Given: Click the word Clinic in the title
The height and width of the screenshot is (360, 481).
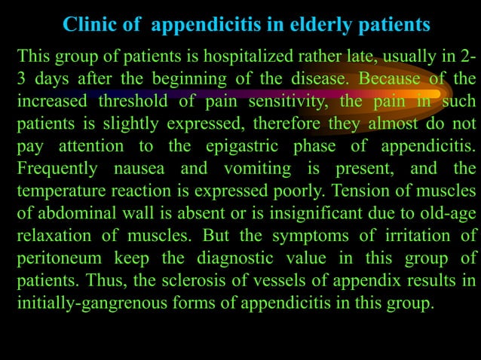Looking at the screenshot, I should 90,25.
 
